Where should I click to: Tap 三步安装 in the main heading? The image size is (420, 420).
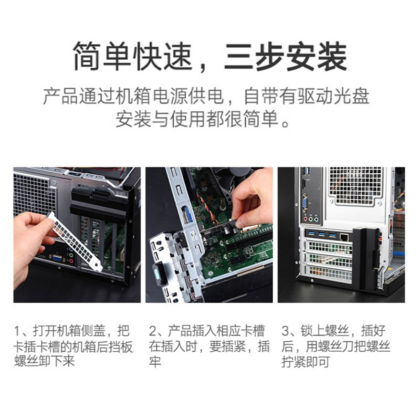coord(285,57)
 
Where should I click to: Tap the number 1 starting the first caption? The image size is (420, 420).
coord(18,332)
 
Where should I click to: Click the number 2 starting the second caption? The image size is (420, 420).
coord(153,332)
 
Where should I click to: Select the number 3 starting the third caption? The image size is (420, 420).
coord(286,332)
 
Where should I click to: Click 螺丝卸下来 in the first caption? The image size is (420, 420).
coord(44,362)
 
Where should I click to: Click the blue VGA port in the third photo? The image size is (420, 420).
coord(305,204)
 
